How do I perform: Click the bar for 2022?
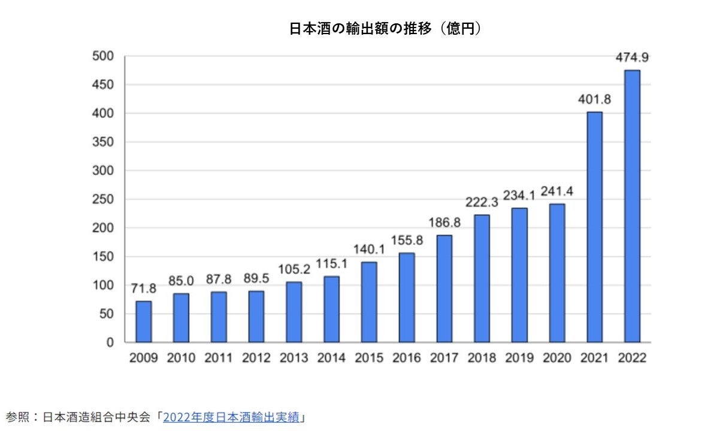(632, 207)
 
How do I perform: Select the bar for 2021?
(594, 227)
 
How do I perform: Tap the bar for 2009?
(143, 322)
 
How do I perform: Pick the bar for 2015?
(369, 302)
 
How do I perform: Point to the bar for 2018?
(482, 279)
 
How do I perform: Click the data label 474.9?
(632, 58)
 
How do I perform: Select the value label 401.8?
(594, 100)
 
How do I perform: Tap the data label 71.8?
(143, 289)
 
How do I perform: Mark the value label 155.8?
(407, 241)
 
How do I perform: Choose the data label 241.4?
(557, 192)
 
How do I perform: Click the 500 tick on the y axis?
(102, 56)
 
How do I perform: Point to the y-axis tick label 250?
(102, 199)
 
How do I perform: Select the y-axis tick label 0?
(110, 342)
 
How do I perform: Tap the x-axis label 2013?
(294, 358)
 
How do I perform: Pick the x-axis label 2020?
(557, 358)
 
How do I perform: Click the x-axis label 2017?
(444, 358)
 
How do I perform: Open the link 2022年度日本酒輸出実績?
(231, 417)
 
